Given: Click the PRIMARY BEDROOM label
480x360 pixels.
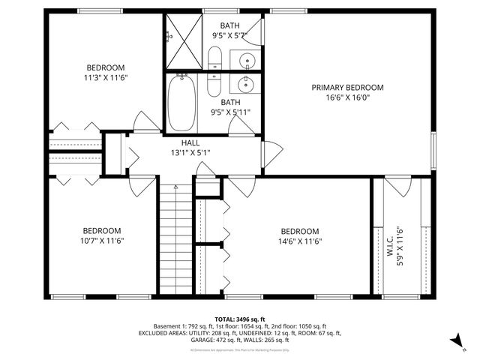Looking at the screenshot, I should click(347, 87).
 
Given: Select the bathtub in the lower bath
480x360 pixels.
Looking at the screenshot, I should click(181, 103).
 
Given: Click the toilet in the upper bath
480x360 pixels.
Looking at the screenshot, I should click(215, 58).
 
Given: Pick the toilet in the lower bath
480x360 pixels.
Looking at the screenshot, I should click(215, 84).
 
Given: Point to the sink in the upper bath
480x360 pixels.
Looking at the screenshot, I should click(246, 59).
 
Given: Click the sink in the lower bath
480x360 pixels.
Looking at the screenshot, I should click(246, 84).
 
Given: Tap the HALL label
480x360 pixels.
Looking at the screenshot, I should click(190, 142).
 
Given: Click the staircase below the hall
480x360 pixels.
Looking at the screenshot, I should click(175, 239).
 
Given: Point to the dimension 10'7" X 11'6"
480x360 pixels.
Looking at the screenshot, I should click(102, 241).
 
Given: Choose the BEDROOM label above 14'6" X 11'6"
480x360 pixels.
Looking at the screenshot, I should click(299, 231).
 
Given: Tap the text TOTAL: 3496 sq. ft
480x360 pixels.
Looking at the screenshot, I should click(240, 319).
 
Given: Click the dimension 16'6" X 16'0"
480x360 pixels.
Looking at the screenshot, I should click(347, 97).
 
